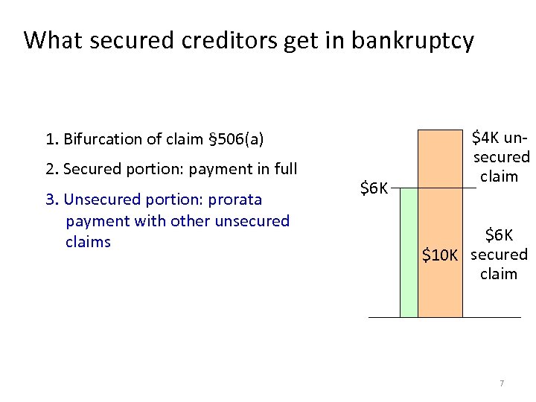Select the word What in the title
pos(48,40)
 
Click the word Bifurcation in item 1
pos(98,139)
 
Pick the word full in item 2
pos(284,169)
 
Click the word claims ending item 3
pos(88,242)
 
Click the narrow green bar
pos(409,252)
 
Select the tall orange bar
pos(440,223)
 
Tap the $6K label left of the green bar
pos(374,188)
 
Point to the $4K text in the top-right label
pos(487,138)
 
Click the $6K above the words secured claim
pos(499,236)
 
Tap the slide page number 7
pos(502,383)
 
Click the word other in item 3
pos(192,221)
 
